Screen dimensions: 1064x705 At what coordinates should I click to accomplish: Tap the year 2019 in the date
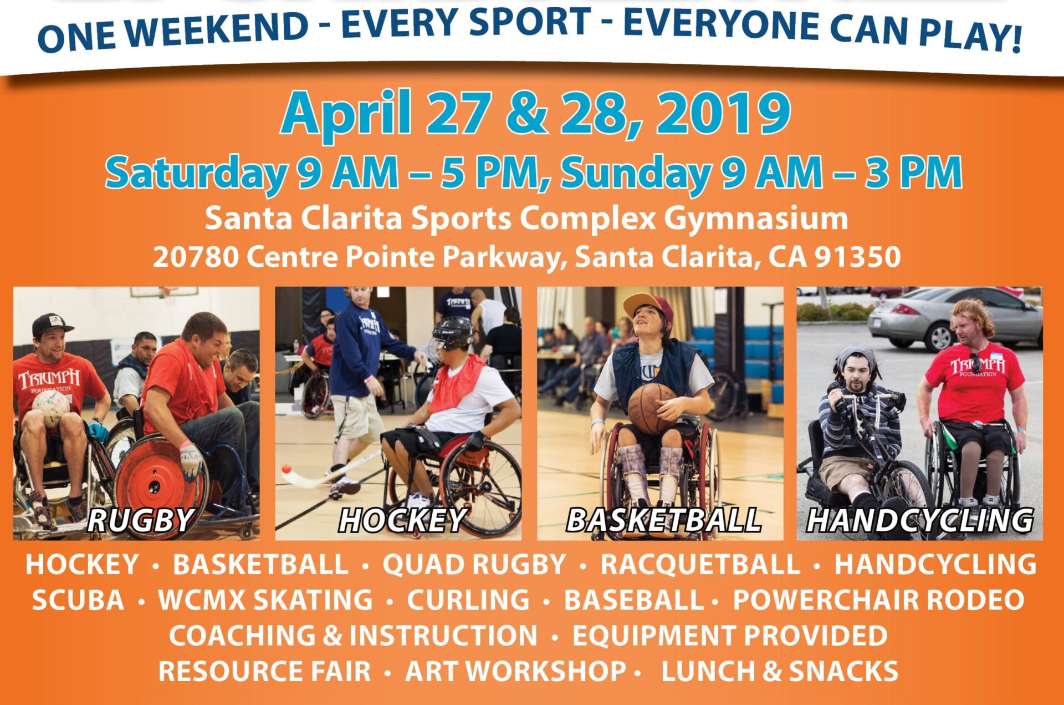click(723, 114)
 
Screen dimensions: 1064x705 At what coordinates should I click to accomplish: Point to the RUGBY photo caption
click(140, 521)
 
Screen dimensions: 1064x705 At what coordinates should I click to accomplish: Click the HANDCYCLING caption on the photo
click(920, 521)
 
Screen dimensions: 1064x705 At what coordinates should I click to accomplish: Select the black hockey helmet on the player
click(452, 333)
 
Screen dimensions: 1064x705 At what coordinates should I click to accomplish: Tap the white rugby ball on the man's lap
click(51, 408)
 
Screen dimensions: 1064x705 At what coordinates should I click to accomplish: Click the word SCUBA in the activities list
click(78, 600)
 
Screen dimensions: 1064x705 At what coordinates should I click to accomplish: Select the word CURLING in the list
click(468, 600)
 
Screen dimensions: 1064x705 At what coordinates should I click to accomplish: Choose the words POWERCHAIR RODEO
click(878, 600)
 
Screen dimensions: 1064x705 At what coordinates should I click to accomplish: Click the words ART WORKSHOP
click(516, 671)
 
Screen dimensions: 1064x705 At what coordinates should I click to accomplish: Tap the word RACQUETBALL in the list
click(700, 565)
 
